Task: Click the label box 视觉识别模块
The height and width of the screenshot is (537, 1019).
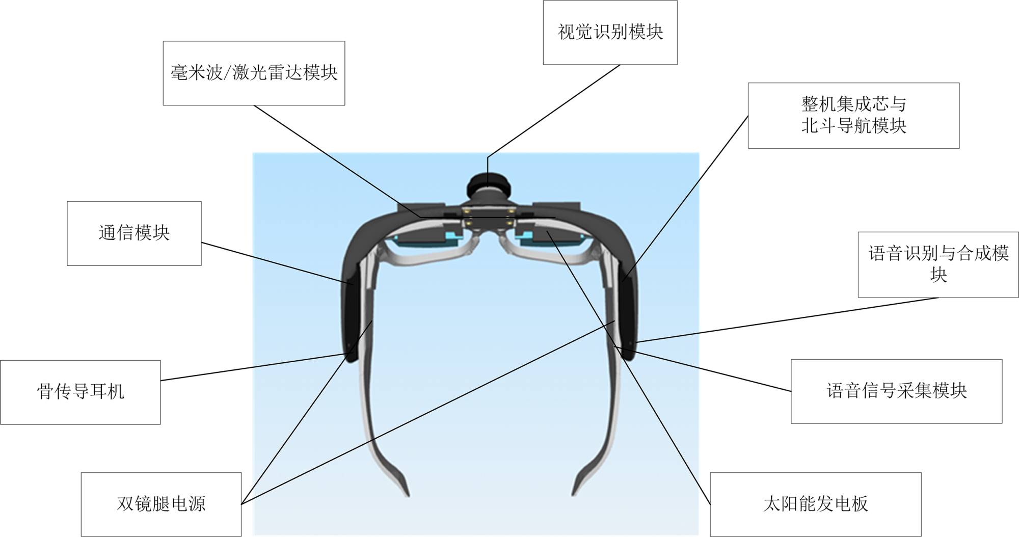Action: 610,33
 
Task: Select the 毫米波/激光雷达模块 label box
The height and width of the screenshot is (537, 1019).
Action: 254,73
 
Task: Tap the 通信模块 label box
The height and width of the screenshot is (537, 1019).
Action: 134,233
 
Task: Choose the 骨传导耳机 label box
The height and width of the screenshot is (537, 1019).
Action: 81,392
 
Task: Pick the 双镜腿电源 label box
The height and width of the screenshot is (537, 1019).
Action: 161,504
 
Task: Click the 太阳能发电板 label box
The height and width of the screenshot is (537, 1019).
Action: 815,504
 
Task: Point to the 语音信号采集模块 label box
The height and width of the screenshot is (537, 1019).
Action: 896,391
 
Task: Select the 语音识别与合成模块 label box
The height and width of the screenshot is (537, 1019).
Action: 938,264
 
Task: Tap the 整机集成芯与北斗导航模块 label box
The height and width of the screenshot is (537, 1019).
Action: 853,116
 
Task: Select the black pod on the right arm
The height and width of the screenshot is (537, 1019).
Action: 628,316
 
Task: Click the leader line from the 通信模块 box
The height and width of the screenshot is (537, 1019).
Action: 275,263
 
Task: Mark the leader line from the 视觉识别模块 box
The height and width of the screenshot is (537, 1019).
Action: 555,110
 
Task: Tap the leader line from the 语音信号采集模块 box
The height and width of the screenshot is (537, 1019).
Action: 713,371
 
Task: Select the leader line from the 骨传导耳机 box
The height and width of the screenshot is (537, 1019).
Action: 255,367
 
